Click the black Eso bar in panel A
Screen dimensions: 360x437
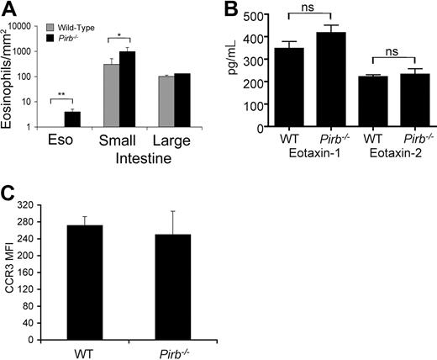(72, 119)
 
